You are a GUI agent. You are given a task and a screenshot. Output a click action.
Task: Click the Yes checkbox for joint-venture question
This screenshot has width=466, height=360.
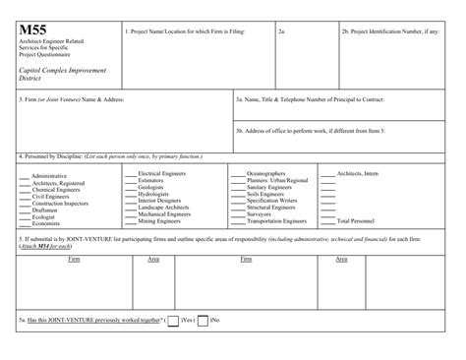tap(174, 321)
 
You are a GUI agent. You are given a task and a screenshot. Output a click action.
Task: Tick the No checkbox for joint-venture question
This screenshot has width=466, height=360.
tap(203, 321)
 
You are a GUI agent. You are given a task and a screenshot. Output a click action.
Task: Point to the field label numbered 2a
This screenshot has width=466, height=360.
tap(281, 31)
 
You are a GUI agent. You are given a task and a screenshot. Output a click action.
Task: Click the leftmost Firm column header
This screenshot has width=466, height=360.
tap(74, 259)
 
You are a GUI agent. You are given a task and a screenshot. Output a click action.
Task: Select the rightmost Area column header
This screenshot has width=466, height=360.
tap(341, 259)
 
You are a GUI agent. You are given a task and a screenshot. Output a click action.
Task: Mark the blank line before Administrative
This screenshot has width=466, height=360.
tap(25, 176)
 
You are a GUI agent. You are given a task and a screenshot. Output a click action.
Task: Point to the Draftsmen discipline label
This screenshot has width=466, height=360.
tap(48, 209)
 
